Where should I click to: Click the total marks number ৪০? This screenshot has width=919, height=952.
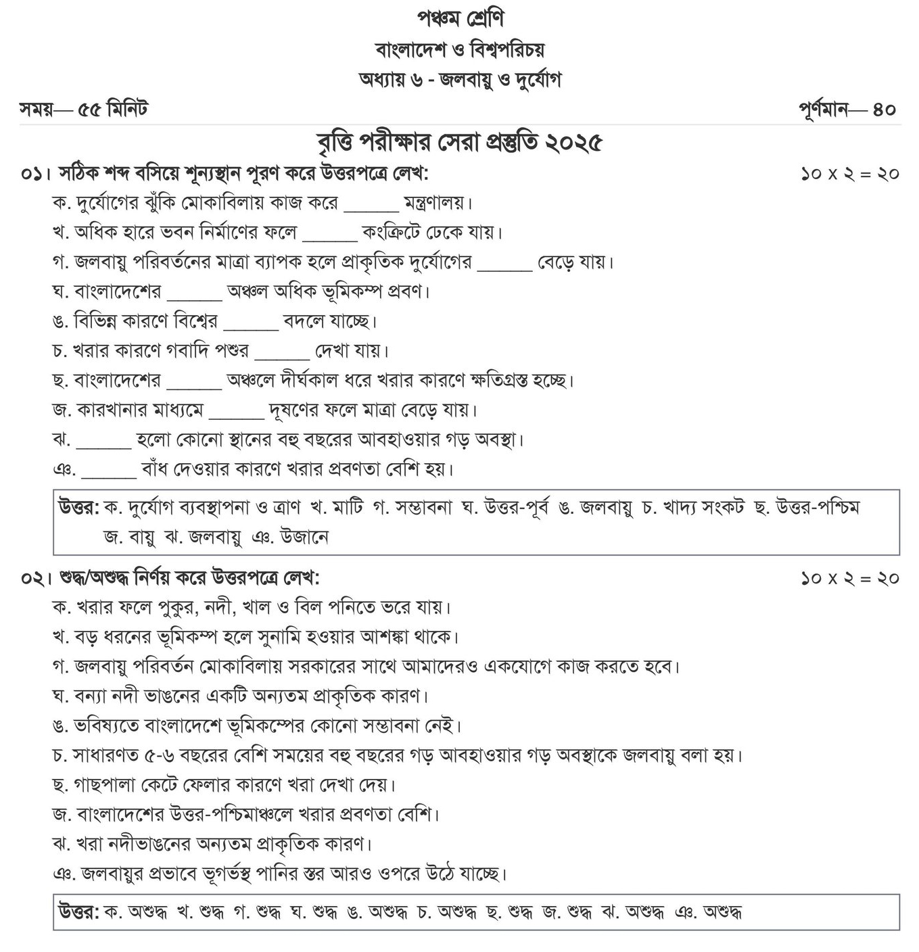pos(885,110)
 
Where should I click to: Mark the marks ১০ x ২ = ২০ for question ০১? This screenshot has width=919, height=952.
pos(850,174)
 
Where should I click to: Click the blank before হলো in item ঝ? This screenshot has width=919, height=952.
pos(103,440)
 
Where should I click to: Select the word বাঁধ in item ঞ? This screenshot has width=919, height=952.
pos(155,469)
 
